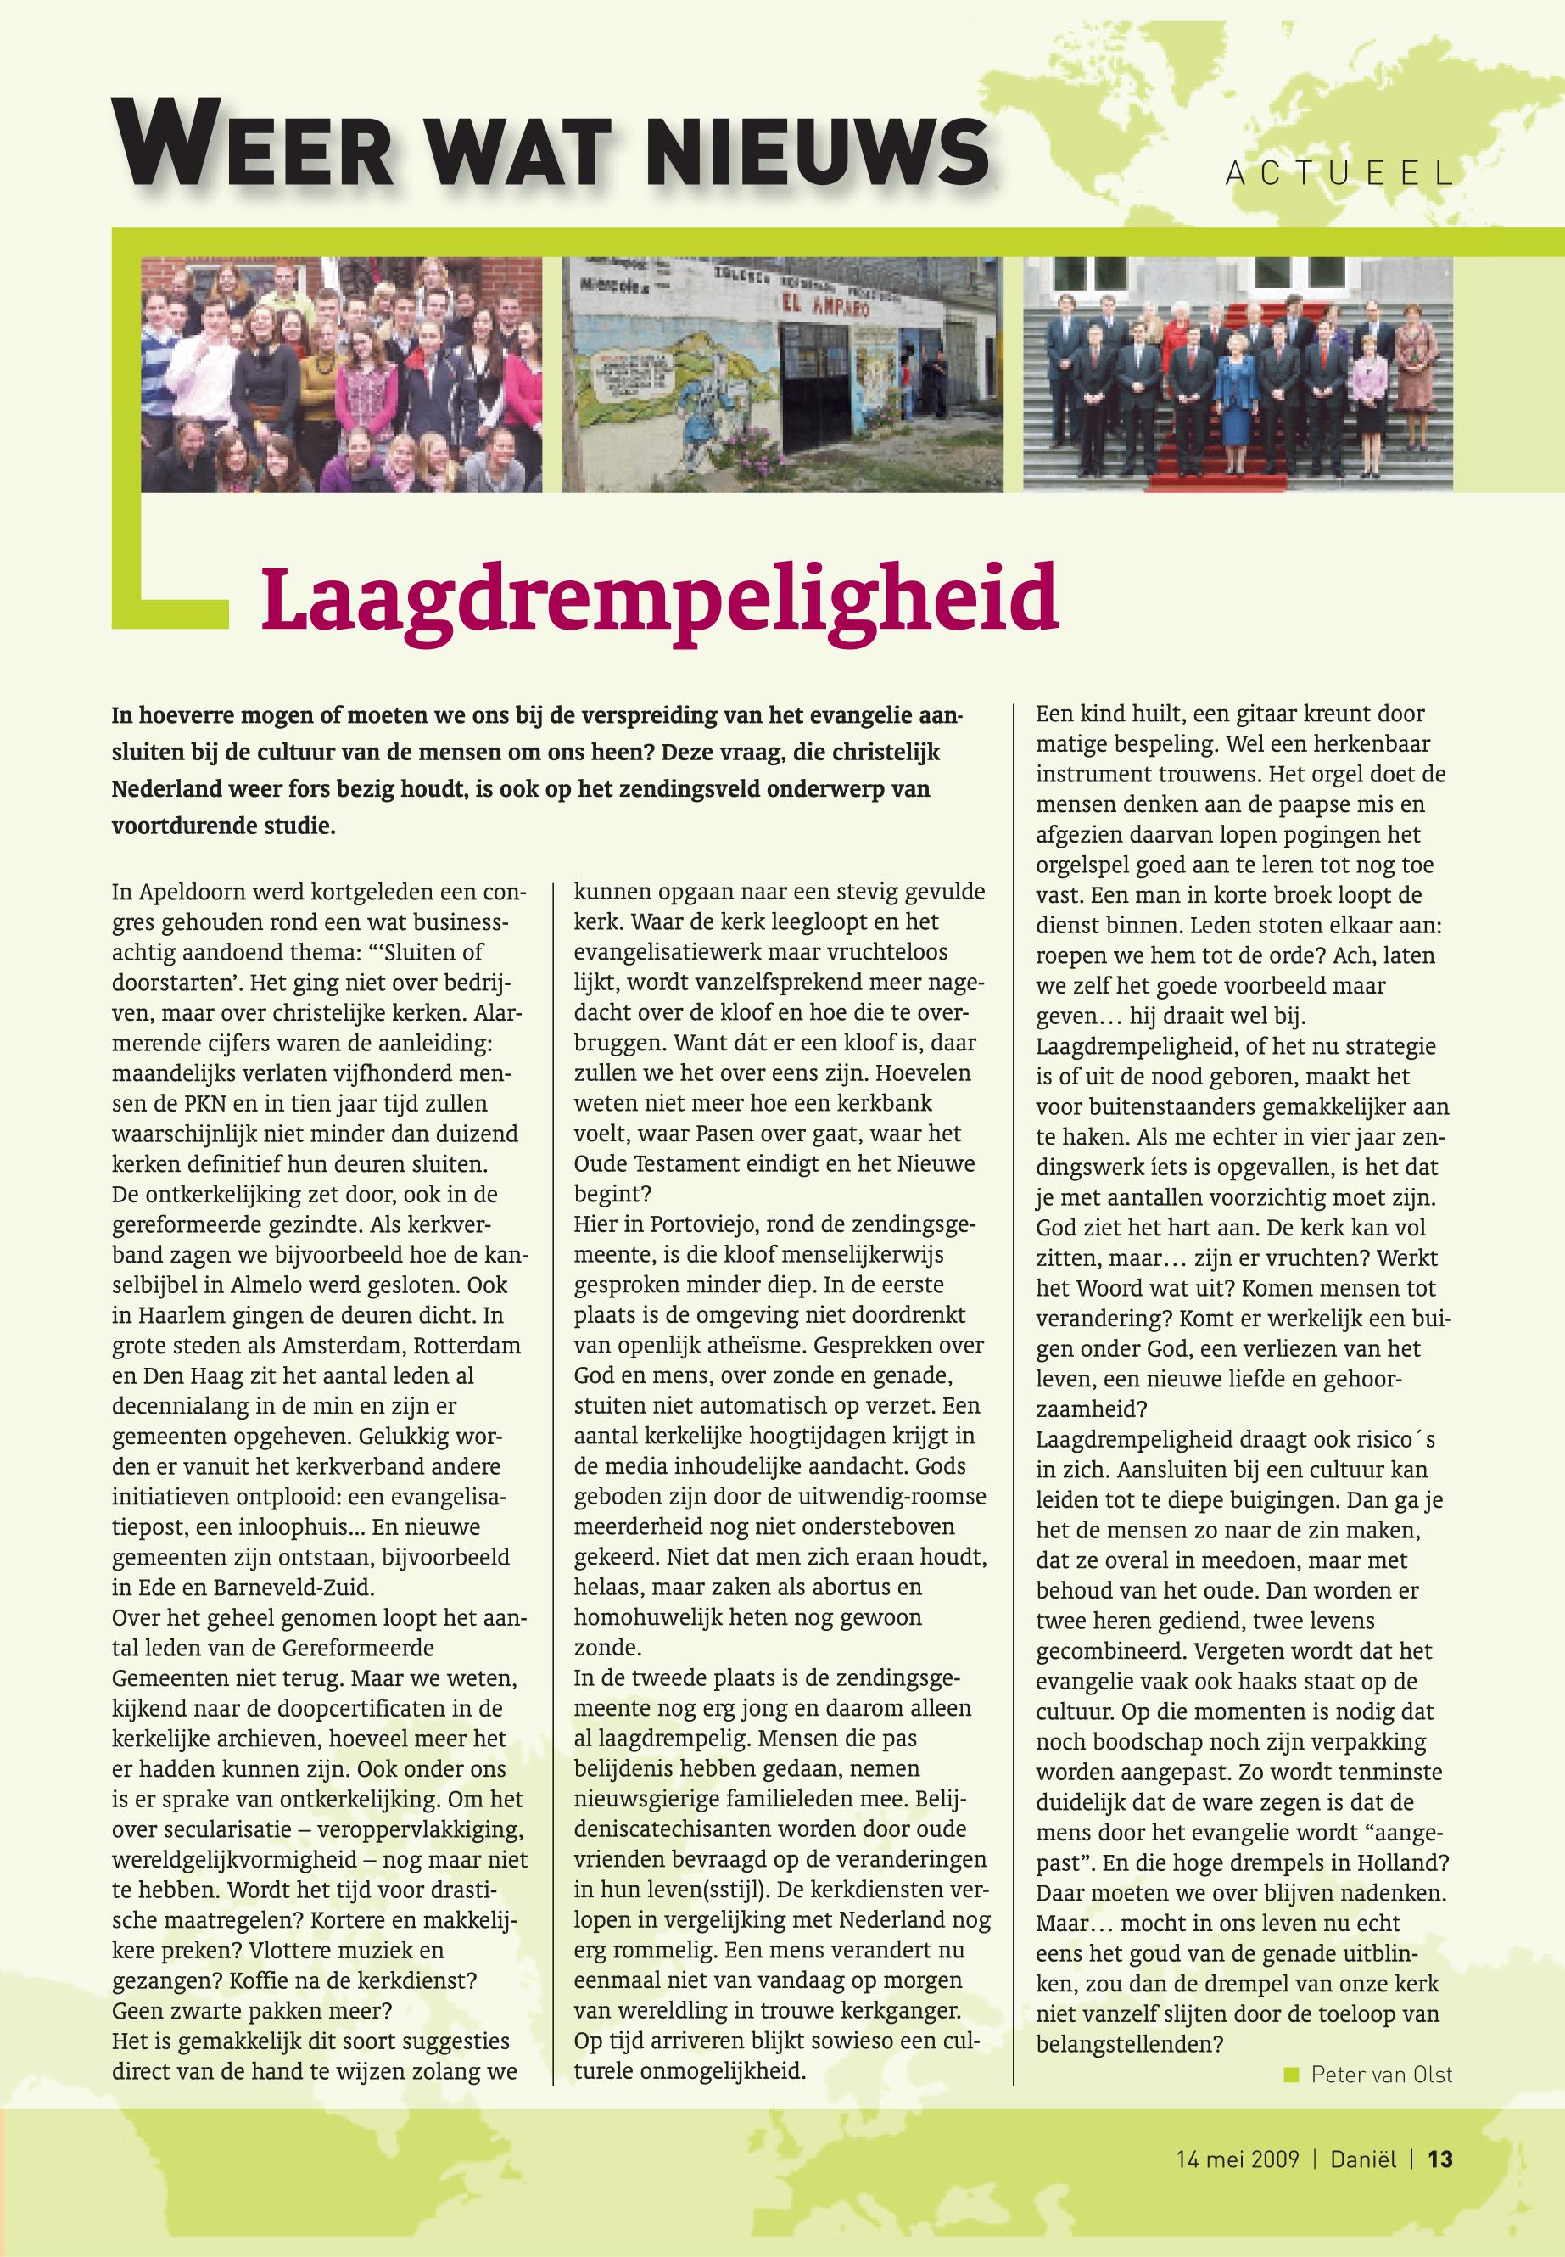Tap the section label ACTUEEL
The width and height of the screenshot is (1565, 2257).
click(x=1339, y=175)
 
